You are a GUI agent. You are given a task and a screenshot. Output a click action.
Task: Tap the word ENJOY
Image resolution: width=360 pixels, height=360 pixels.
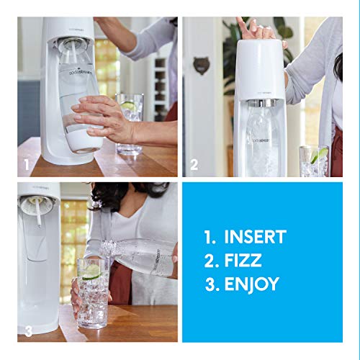pyautogui.click(x=251, y=284)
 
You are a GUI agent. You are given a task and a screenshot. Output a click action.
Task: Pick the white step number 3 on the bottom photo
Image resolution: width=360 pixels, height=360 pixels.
pyautogui.click(x=27, y=331)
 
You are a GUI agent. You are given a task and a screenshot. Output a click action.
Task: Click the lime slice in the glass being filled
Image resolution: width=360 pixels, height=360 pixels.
pyautogui.click(x=91, y=271)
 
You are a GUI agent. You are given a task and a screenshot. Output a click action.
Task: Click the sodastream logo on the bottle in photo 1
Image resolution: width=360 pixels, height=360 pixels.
pyautogui.click(x=71, y=73)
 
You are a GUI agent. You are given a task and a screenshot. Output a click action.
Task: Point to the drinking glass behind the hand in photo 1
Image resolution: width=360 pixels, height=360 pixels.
pyautogui.click(x=130, y=122)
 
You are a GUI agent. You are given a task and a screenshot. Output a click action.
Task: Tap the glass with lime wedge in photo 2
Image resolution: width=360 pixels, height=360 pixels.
pyautogui.click(x=315, y=162)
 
